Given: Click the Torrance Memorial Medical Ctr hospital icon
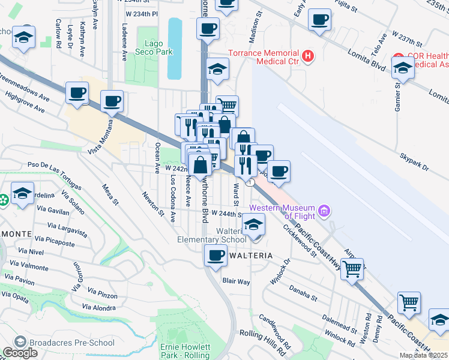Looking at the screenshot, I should [x=308, y=56].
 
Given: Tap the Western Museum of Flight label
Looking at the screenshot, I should [x=284, y=212].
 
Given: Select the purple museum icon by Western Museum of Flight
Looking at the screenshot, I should [x=325, y=211].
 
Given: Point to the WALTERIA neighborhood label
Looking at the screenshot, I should [x=251, y=256].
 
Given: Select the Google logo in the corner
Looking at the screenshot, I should [x=20, y=353].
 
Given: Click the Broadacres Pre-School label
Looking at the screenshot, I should [x=64, y=343].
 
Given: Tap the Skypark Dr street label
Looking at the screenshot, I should [x=414, y=162].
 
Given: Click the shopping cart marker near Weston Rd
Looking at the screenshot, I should [x=409, y=303].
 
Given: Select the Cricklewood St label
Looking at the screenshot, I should [x=300, y=240].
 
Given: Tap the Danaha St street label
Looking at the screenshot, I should [x=302, y=293].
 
